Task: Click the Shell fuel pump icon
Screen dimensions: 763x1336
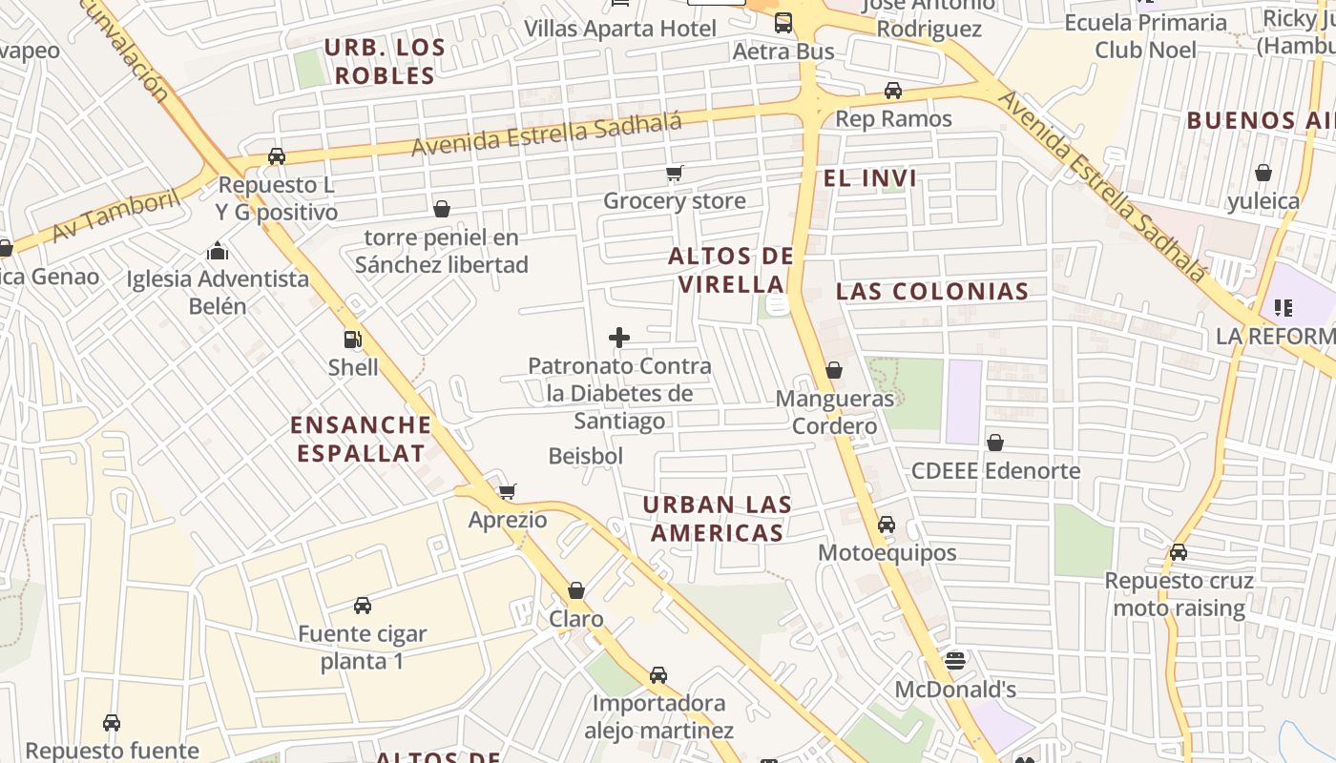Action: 352,339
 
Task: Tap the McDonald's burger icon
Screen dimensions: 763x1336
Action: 954,660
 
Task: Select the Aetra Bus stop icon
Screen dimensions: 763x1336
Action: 783,23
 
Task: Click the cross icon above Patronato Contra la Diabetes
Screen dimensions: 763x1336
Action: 619,338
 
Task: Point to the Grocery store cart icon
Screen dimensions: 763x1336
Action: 675,173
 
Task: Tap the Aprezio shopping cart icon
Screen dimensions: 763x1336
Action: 507,491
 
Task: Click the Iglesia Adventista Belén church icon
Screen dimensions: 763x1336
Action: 218,251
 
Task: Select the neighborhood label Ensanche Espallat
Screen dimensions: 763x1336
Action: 361,439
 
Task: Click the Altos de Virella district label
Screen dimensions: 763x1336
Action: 731,270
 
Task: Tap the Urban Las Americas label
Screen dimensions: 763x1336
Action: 717,519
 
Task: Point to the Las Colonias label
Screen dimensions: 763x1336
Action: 932,292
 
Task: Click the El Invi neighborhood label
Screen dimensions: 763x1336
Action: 869,178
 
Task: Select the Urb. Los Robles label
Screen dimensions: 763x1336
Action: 385,61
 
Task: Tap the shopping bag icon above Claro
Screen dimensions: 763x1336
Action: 575,590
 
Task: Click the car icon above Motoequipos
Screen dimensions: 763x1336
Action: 886,524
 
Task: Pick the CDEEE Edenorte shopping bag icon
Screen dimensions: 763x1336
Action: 995,443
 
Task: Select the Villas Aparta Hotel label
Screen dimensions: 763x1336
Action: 619,29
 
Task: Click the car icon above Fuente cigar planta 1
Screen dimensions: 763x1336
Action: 362,605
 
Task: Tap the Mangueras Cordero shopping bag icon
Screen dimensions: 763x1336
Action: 834,369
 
